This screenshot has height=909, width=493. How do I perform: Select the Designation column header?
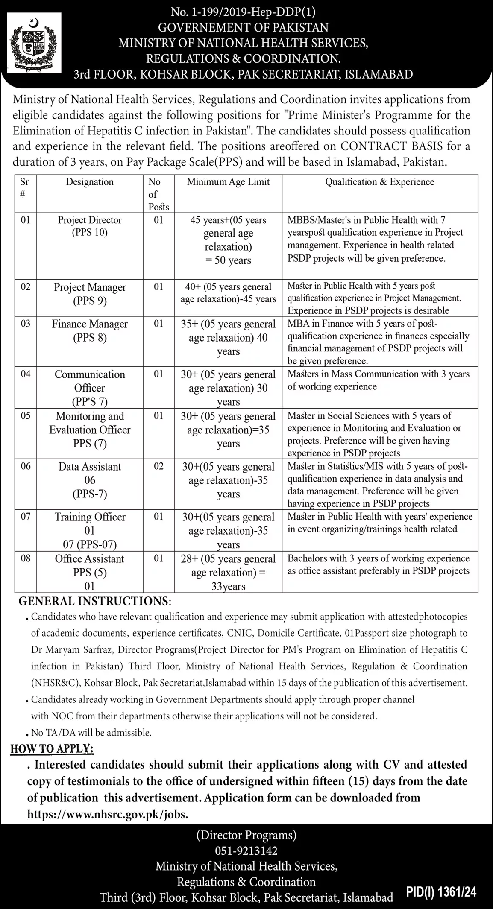pos(90,182)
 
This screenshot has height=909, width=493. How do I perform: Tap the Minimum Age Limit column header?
pos(228,182)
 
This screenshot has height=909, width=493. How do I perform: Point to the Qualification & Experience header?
pos(379,182)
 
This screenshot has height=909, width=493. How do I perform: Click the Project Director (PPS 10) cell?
pos(90,226)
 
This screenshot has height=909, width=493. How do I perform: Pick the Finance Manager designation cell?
pos(90,331)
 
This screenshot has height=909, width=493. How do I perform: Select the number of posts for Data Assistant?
pos(158,466)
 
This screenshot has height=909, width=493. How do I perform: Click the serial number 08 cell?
pos(26,558)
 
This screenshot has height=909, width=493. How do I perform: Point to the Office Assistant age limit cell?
pos(228,572)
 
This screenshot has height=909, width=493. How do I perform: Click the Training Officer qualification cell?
pos(379,523)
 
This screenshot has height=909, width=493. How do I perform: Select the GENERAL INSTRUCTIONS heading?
pos(95,602)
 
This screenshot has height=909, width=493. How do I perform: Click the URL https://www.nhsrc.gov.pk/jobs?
pos(108,815)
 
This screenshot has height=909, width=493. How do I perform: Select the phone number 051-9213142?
pos(246,851)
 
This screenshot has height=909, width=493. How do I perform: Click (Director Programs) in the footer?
pos(246,835)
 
